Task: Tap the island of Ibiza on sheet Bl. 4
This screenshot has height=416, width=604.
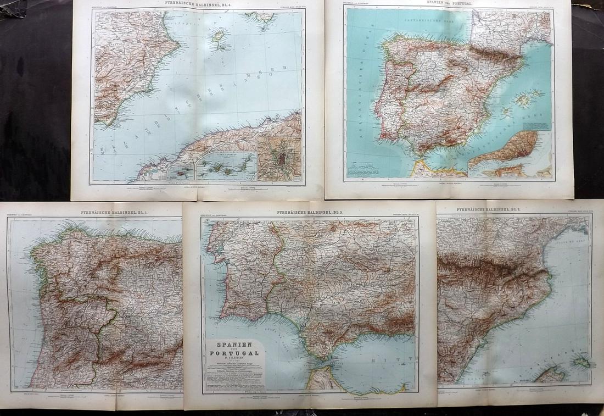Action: pos(221,40)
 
